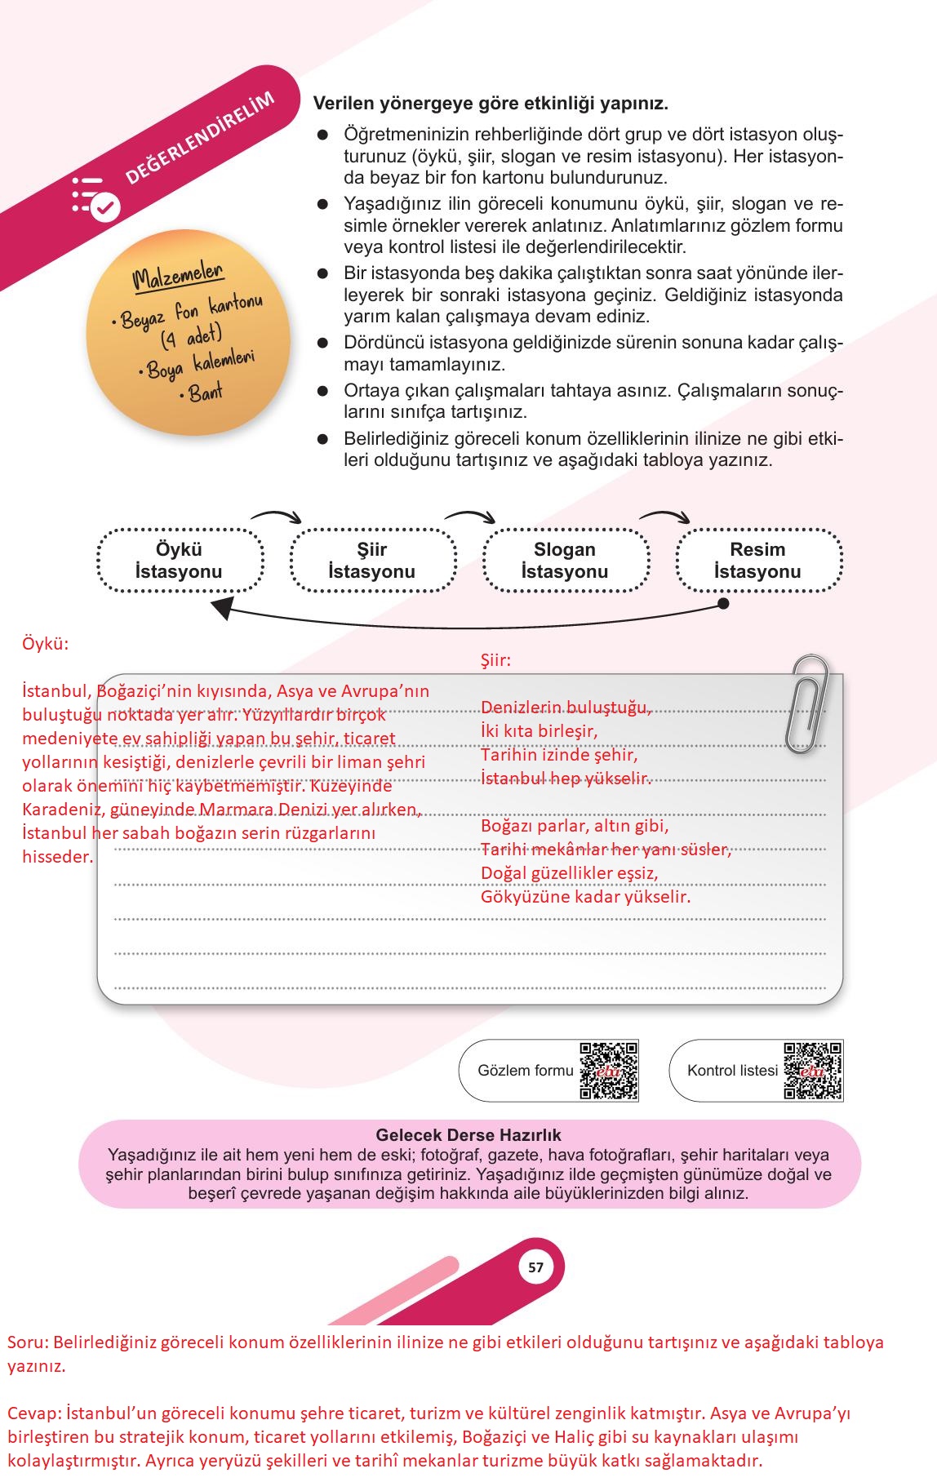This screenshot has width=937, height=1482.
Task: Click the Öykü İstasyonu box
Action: [180, 561]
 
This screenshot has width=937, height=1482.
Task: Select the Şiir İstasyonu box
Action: [372, 561]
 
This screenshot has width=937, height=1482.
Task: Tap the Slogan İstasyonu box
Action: [565, 561]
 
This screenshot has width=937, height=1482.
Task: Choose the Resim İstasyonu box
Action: [758, 561]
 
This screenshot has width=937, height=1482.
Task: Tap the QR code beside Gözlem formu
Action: [609, 1070]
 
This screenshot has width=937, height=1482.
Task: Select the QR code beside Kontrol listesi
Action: [813, 1070]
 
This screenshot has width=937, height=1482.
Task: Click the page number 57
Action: [535, 1267]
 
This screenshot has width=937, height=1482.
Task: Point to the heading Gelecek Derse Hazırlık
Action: [468, 1135]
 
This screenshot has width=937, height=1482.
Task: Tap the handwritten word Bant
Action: [206, 393]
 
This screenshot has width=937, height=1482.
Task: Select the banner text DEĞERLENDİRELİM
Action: [199, 138]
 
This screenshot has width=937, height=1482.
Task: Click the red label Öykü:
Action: [46, 644]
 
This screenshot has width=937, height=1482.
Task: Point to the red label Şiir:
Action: [495, 660]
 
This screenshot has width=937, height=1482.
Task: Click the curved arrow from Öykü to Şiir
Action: [276, 515]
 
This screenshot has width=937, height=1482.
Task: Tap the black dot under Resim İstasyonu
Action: [722, 604]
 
